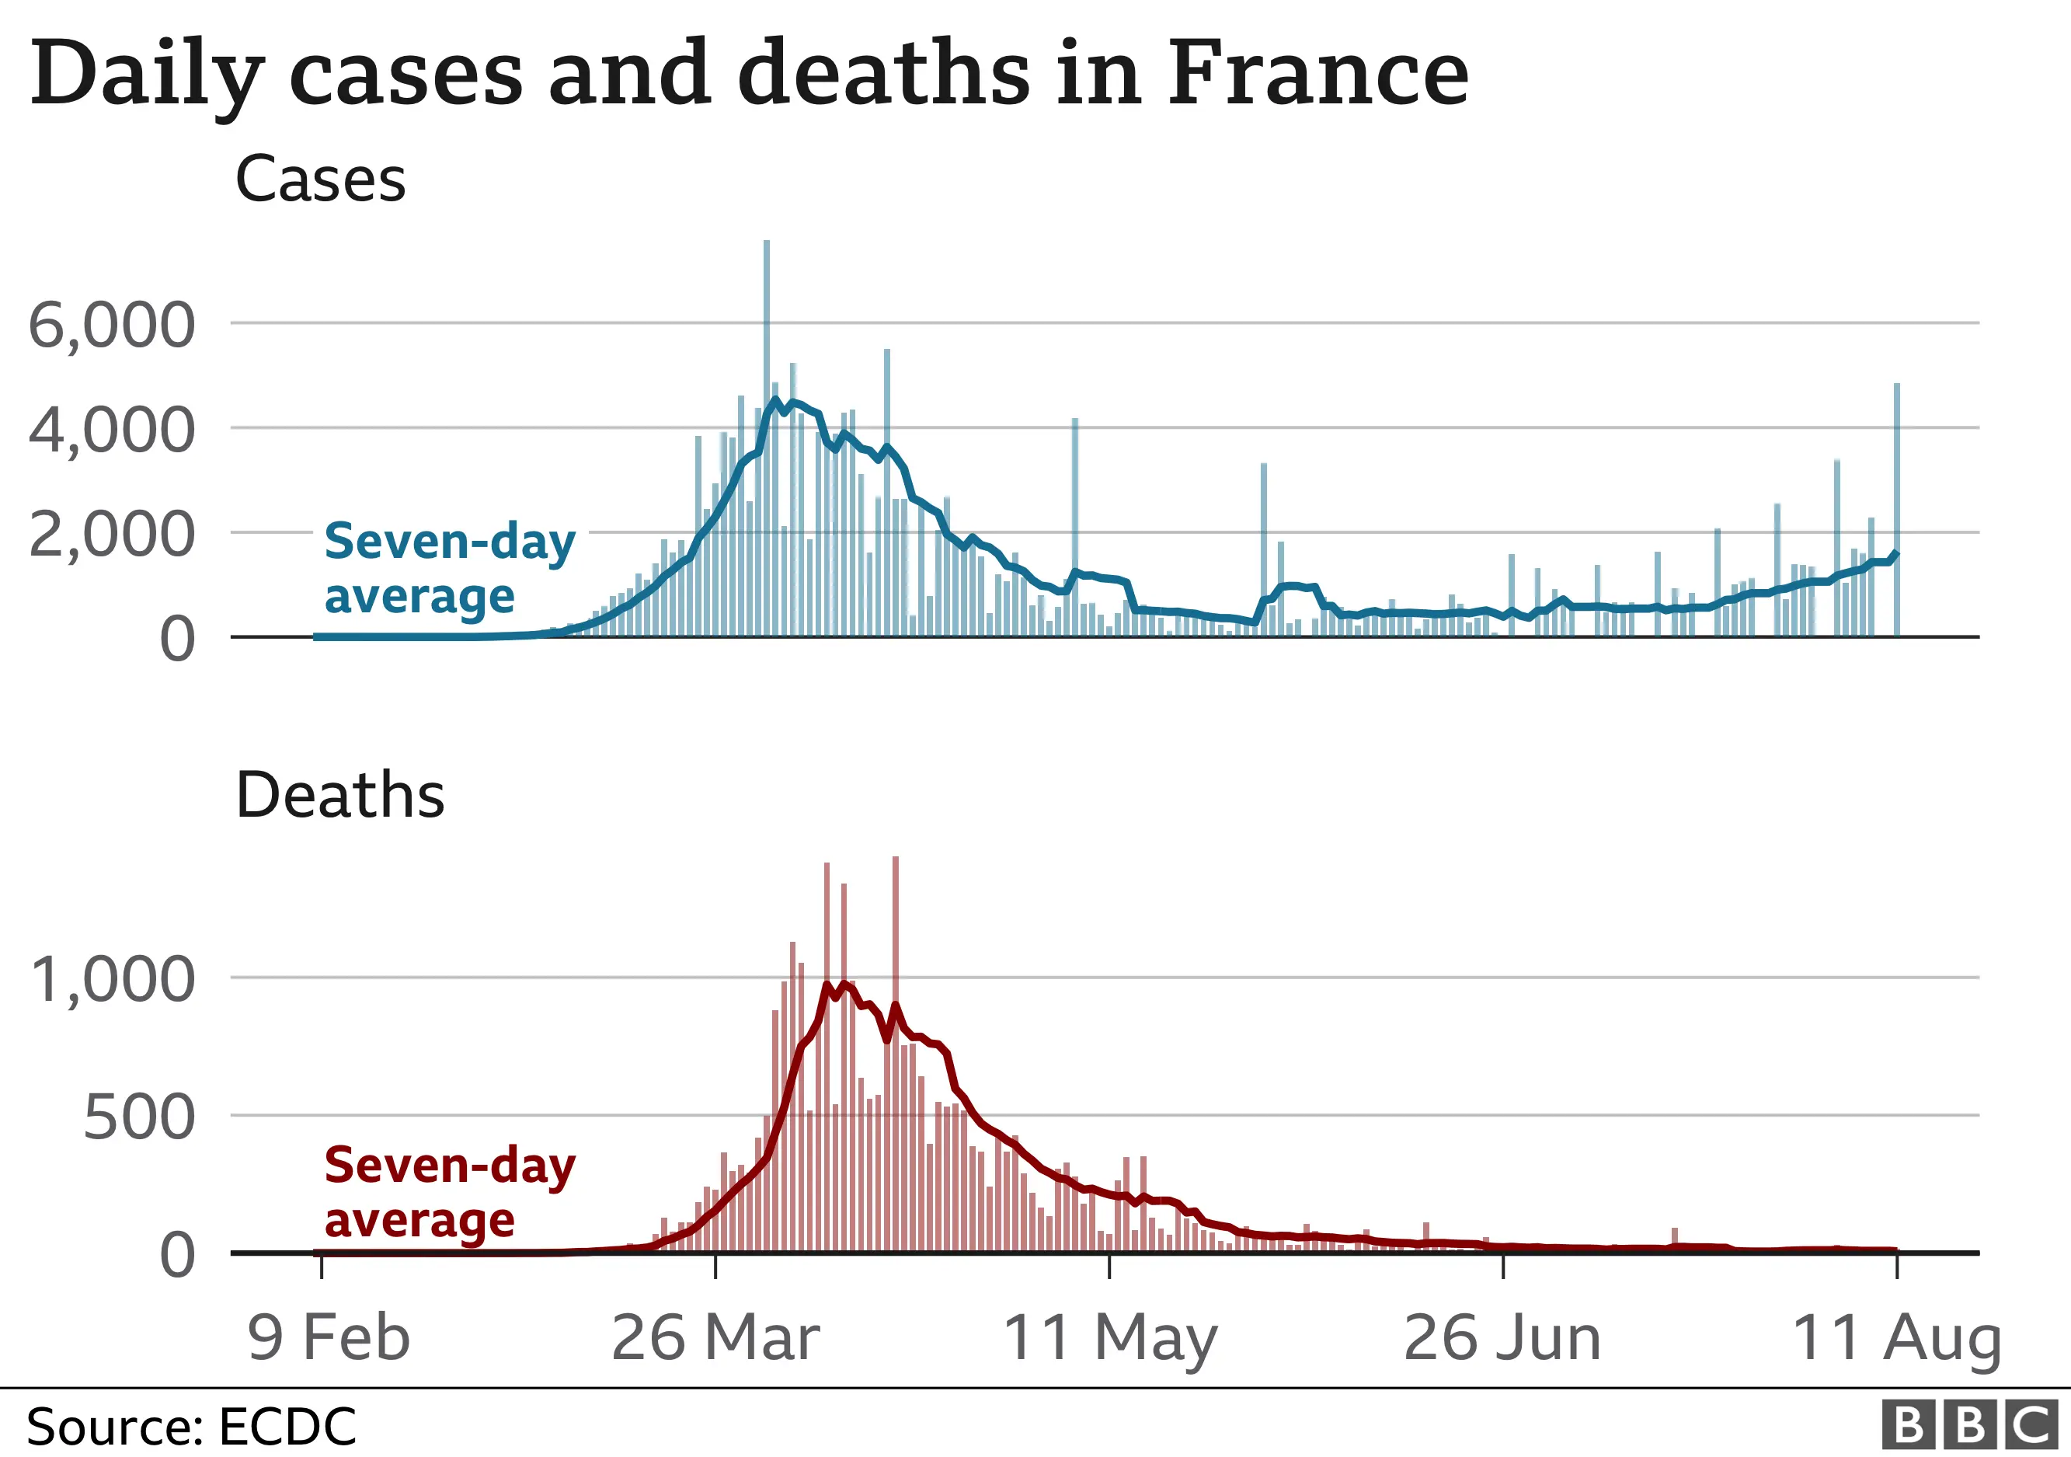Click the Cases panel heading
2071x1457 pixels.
click(x=320, y=179)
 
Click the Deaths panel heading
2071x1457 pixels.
click(x=339, y=795)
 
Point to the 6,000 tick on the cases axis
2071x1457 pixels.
click(x=112, y=325)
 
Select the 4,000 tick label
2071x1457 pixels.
click(x=112, y=430)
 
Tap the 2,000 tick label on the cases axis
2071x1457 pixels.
click(x=112, y=535)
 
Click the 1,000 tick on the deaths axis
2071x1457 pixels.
click(x=112, y=980)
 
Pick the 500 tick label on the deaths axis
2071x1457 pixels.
click(x=139, y=1117)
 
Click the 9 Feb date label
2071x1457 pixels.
click(x=329, y=1337)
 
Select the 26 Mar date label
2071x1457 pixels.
click(x=715, y=1337)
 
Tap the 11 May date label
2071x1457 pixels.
click(x=1109, y=1337)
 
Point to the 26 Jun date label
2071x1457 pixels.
click(x=1502, y=1337)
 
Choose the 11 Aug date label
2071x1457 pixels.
click(x=1896, y=1337)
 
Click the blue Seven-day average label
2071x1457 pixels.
click(x=448, y=568)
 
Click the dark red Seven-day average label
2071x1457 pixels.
click(x=448, y=1193)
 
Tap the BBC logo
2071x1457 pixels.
click(x=1972, y=1425)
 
